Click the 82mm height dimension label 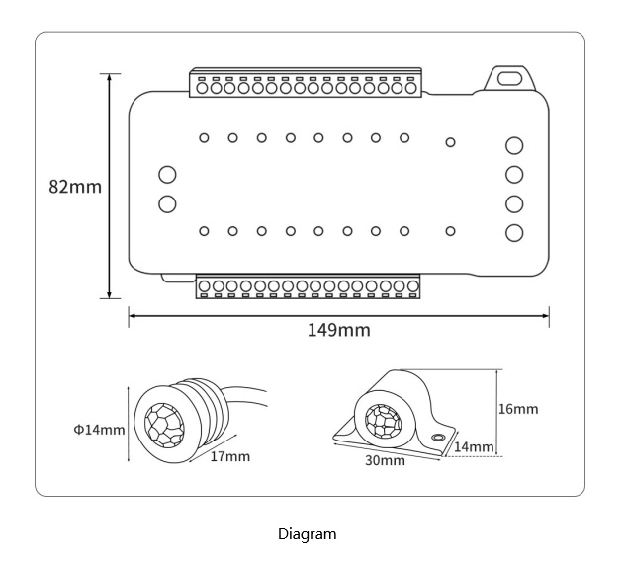(x=75, y=187)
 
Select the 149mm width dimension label (x=339, y=330)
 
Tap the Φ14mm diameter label (x=99, y=430)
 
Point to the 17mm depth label (x=230, y=456)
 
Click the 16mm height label (x=518, y=409)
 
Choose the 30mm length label (x=385, y=460)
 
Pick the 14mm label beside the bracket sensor (x=474, y=447)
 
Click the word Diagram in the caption (x=307, y=534)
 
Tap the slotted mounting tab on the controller (x=510, y=78)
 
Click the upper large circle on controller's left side (x=167, y=175)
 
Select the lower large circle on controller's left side (x=167, y=204)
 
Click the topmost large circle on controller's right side (x=514, y=145)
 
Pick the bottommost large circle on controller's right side (x=514, y=233)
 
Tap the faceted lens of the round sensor (x=164, y=425)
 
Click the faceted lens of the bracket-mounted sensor (x=383, y=421)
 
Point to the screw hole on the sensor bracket (x=438, y=437)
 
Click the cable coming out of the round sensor (x=245, y=395)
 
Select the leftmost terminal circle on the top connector (x=202, y=88)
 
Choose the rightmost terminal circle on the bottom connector (x=412, y=286)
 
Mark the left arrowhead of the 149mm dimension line (x=133, y=316)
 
